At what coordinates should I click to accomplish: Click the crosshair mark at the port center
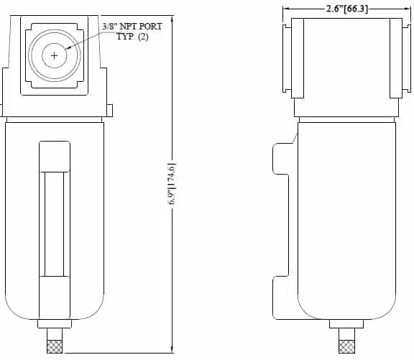point(55,56)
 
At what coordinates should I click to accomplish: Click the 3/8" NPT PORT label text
point(132,27)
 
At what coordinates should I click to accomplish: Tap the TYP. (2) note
point(132,36)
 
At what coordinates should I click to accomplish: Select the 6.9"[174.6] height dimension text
point(172,184)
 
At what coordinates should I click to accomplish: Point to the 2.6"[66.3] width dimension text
point(347,9)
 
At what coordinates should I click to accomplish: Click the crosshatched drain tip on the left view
point(55,346)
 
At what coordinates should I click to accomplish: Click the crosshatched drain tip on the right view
point(346,346)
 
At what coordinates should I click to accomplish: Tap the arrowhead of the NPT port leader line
point(68,48)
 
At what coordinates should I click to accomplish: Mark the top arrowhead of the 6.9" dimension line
point(172,19)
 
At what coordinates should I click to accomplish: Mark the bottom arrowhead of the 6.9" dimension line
point(172,349)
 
